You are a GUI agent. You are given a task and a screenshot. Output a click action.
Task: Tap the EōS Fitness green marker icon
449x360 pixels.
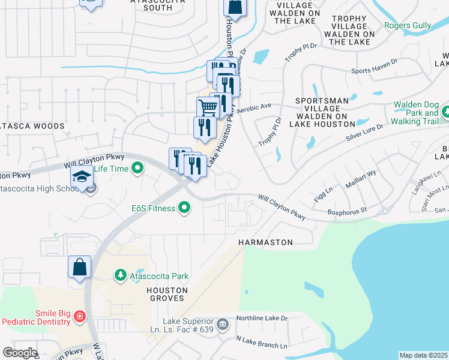click(184, 208)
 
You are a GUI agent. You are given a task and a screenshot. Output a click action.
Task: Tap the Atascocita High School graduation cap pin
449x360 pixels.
click(81, 177)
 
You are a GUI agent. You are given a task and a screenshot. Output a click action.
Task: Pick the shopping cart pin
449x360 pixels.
click(208, 107)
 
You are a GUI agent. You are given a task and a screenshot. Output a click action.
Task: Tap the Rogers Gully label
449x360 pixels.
click(408, 25)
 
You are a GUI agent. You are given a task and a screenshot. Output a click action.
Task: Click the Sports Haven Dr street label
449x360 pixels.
click(374, 66)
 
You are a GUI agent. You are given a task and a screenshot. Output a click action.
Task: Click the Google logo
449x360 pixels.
click(19, 353)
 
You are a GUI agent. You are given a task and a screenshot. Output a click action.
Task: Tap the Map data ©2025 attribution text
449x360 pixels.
click(423, 355)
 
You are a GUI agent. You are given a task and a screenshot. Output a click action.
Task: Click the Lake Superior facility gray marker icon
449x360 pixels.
click(223, 324)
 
